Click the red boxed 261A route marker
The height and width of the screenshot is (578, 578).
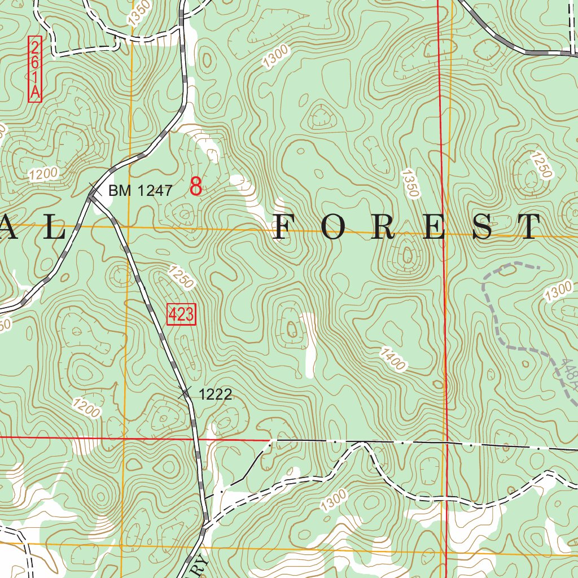35,69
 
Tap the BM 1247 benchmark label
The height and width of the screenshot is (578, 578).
140,191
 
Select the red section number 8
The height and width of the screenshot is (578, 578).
196,186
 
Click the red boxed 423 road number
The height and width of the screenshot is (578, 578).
181,315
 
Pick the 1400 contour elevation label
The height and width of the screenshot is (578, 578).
393,360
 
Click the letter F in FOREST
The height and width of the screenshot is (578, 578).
286,227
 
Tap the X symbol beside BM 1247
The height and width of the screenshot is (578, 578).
94,191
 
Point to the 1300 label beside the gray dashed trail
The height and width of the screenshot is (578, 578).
559,292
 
